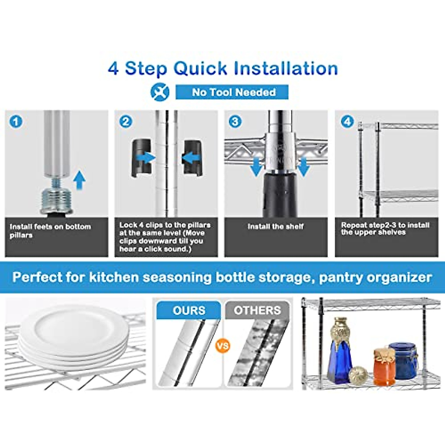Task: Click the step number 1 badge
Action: pyautogui.click(x=16, y=122)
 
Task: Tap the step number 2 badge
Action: pyautogui.click(x=126, y=122)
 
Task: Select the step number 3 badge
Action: pyautogui.click(x=235, y=122)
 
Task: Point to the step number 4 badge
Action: pyautogui.click(x=347, y=122)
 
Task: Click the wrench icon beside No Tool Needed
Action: pyautogui.click(x=160, y=92)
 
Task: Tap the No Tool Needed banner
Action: pyautogui.click(x=232, y=92)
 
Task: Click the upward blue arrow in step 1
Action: pyautogui.click(x=79, y=180)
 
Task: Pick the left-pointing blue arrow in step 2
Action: pyautogui.click(x=191, y=158)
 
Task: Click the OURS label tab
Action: pyautogui.click(x=189, y=310)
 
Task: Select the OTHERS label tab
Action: pyautogui.click(x=257, y=310)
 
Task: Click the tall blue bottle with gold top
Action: pyautogui.click(x=341, y=352)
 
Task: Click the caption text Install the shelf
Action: pyautogui.click(x=276, y=227)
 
